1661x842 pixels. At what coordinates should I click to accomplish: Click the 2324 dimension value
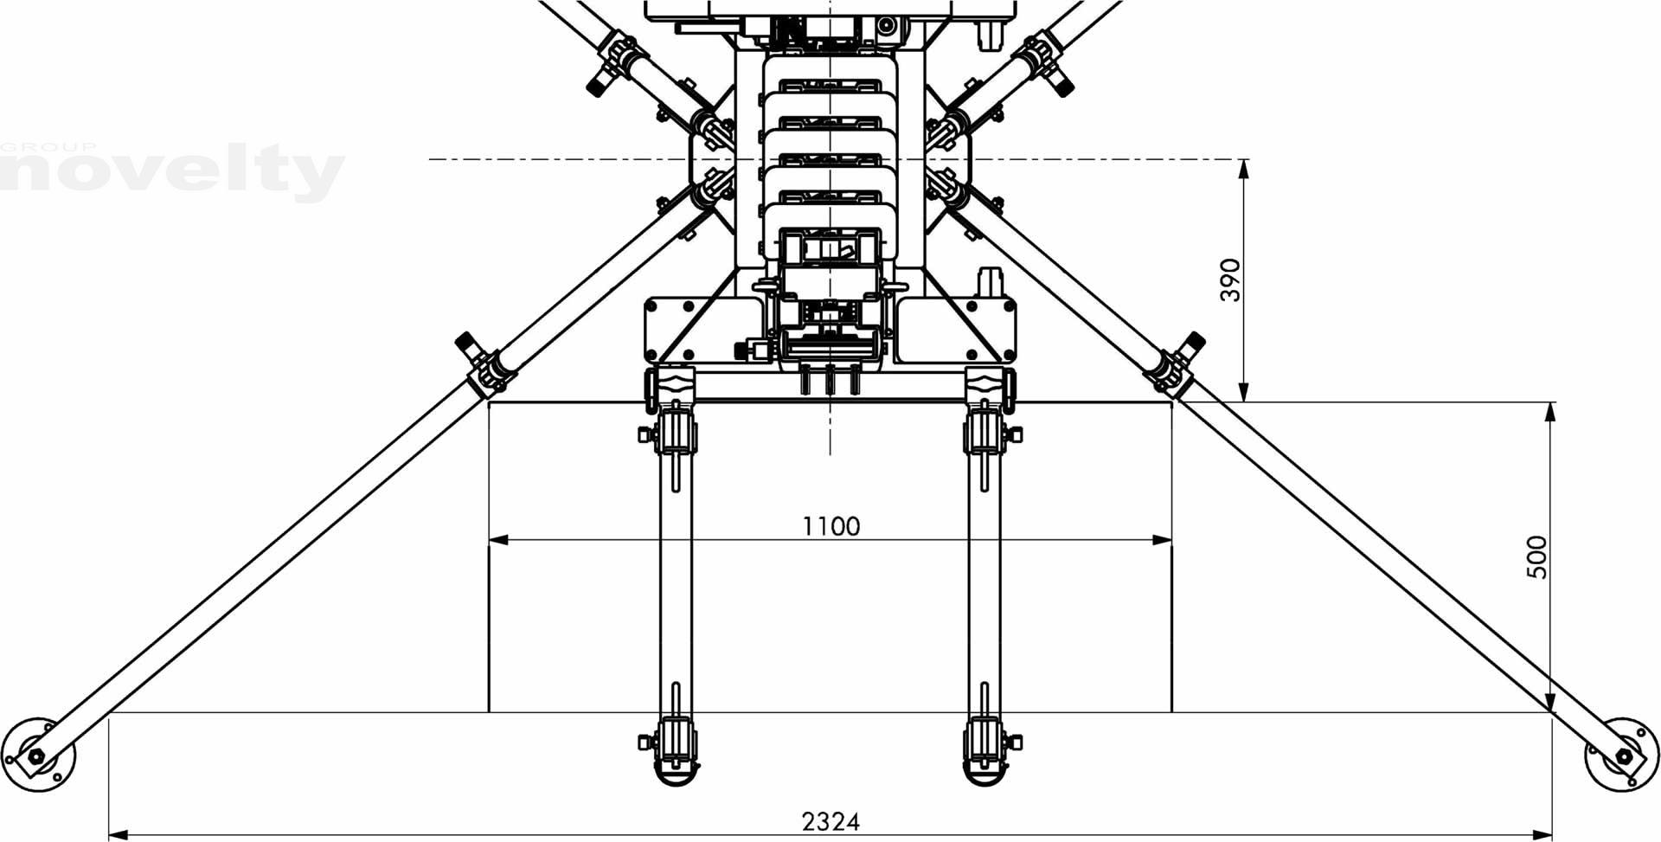[x=830, y=820]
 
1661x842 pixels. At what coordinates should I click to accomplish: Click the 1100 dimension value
[x=830, y=526]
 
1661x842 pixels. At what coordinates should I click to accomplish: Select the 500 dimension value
[x=1536, y=557]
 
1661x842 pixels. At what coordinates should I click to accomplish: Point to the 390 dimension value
[x=1230, y=280]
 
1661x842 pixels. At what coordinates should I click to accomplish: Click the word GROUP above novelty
[x=48, y=147]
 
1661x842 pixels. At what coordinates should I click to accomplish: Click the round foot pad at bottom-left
[x=38, y=754]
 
